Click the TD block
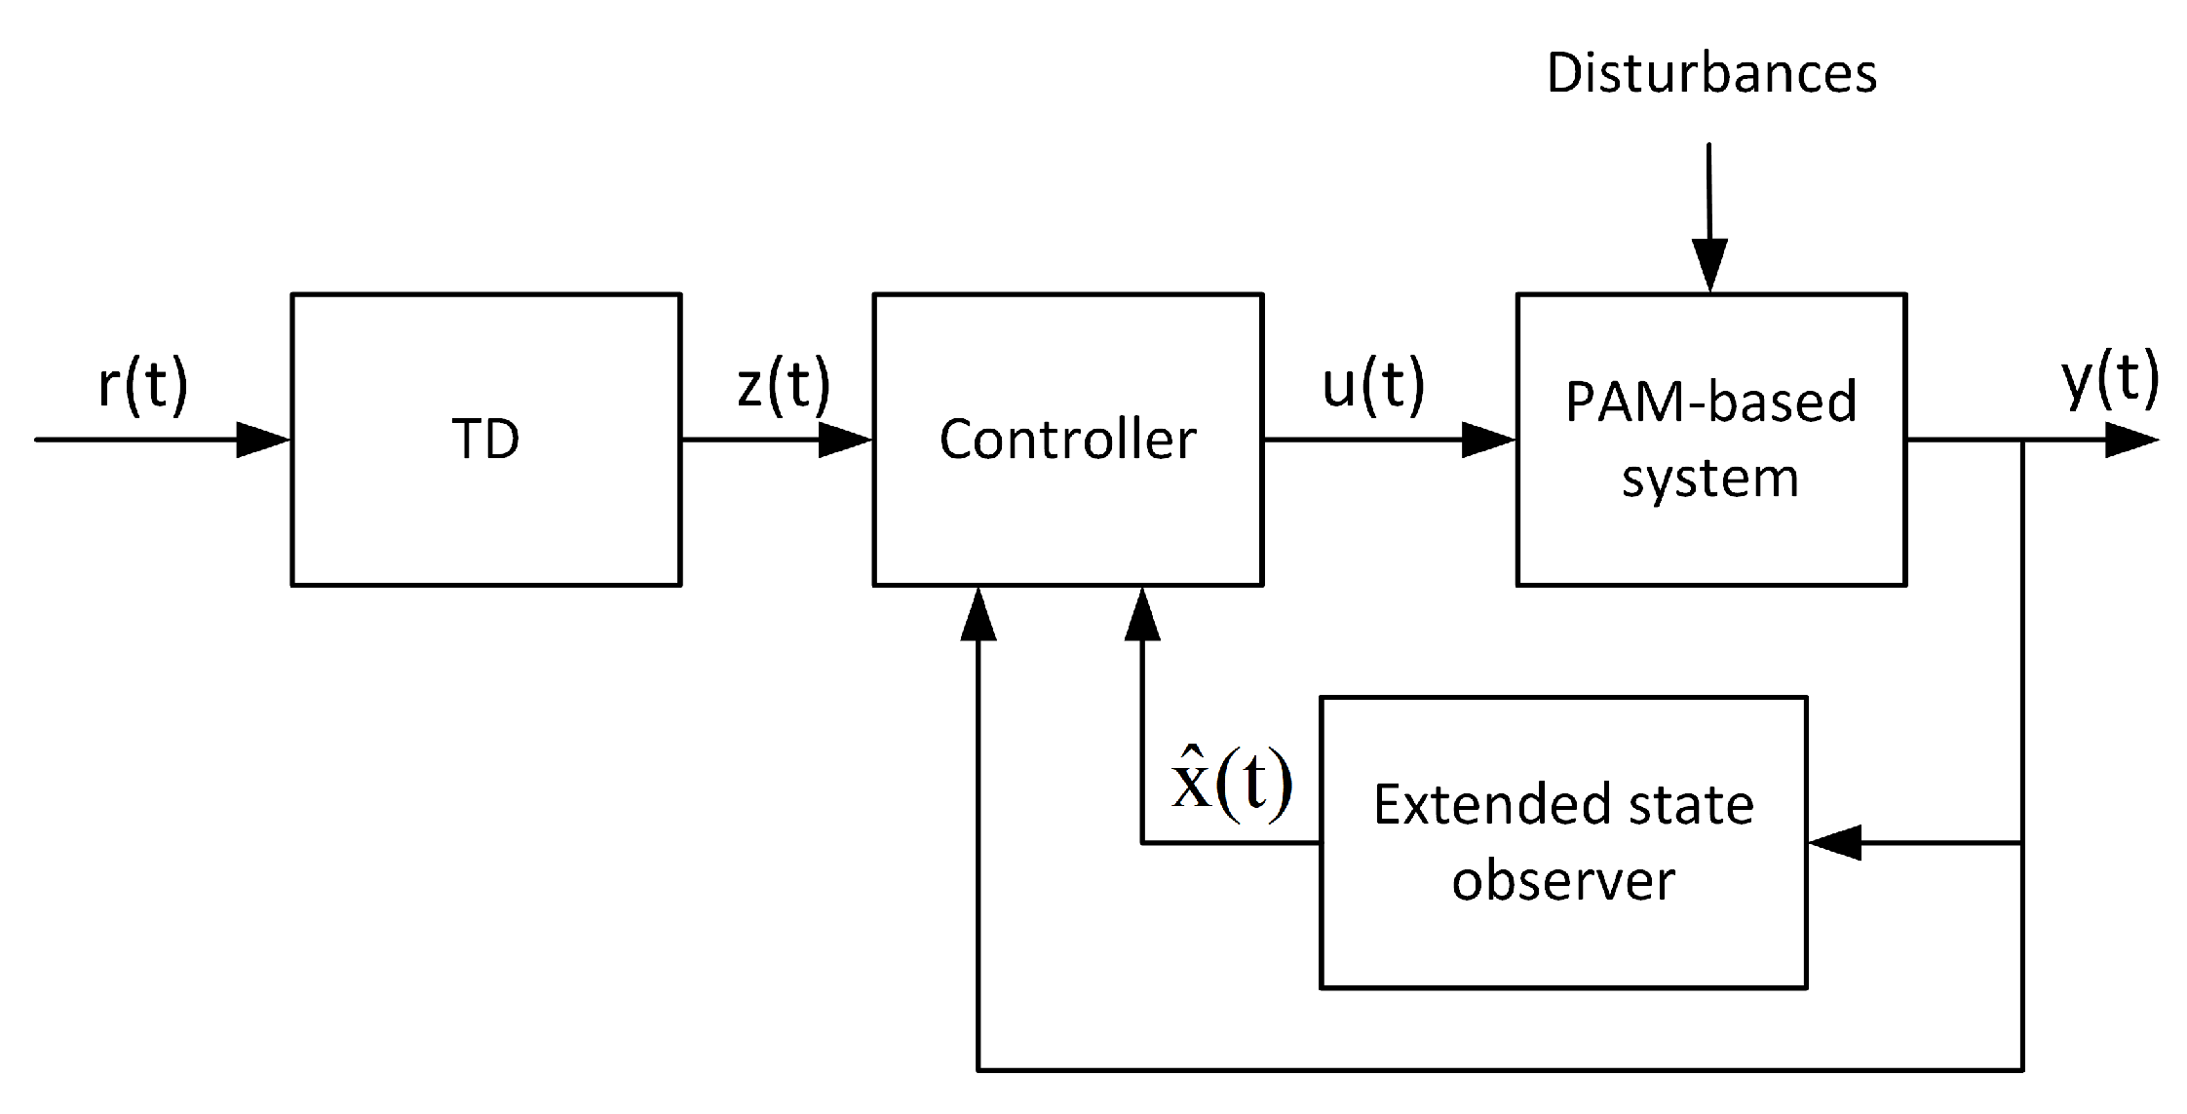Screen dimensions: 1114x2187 click(485, 439)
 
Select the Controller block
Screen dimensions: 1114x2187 click(1067, 439)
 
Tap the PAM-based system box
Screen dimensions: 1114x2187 click(1710, 439)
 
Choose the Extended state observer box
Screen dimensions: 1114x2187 click(1562, 842)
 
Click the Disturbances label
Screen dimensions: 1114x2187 click(1711, 74)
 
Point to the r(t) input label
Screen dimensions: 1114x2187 click(142, 384)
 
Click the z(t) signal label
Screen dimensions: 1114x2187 click(784, 384)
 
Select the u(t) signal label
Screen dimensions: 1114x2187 click(1372, 384)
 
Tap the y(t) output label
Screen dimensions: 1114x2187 click(2111, 378)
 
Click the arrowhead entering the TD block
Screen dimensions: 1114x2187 click(263, 440)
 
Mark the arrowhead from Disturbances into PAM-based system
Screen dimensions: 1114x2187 click(1709, 264)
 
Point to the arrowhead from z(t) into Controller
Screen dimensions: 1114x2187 click(844, 440)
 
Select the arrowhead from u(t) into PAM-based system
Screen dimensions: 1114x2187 click(1488, 440)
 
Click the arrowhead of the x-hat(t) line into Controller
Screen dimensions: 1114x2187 click(1142, 614)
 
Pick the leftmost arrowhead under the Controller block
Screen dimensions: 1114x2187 click(978, 614)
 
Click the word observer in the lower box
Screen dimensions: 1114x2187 click(1562, 881)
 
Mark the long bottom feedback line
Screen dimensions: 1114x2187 click(1501, 1070)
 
